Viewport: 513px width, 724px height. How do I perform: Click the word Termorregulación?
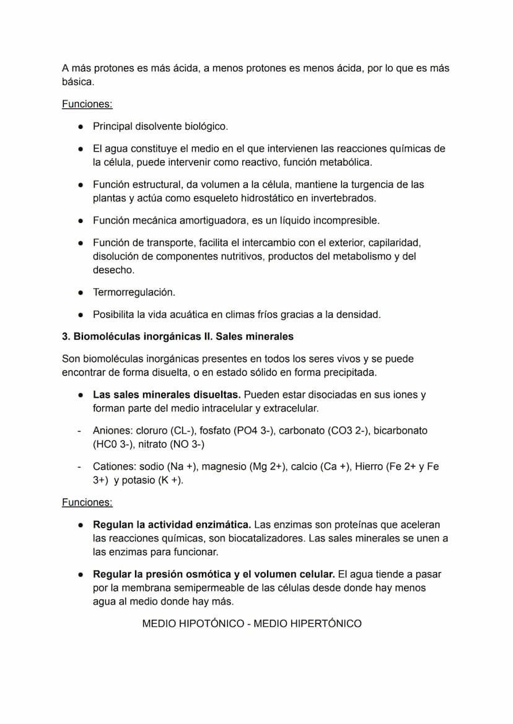[134, 292]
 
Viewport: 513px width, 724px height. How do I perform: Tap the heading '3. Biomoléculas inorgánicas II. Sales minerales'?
[177, 336]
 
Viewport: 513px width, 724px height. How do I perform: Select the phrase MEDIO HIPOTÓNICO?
[193, 624]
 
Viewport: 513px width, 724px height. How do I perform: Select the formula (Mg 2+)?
[267, 466]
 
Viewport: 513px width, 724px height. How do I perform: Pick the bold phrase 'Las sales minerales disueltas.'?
[167, 395]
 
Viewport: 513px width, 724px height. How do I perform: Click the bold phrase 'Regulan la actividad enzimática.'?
[172, 525]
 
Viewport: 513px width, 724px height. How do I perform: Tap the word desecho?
[113, 269]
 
